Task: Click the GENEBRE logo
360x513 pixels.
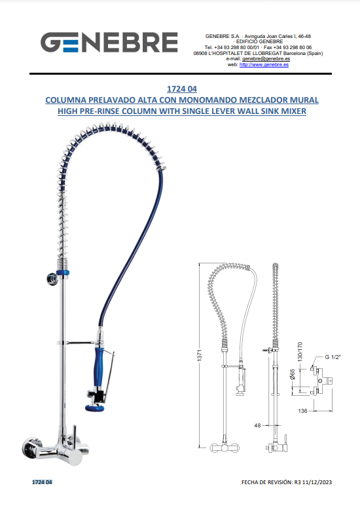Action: coord(109,42)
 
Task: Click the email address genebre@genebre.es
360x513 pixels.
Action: coord(266,59)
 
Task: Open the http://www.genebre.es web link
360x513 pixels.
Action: coord(264,64)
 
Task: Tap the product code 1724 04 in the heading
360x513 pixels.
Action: coord(182,88)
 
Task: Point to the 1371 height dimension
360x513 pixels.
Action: coord(200,355)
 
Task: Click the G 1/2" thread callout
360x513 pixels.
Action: coord(333,357)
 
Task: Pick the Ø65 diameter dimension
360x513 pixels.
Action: coord(293,374)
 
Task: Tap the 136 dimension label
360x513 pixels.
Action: coord(302,411)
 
